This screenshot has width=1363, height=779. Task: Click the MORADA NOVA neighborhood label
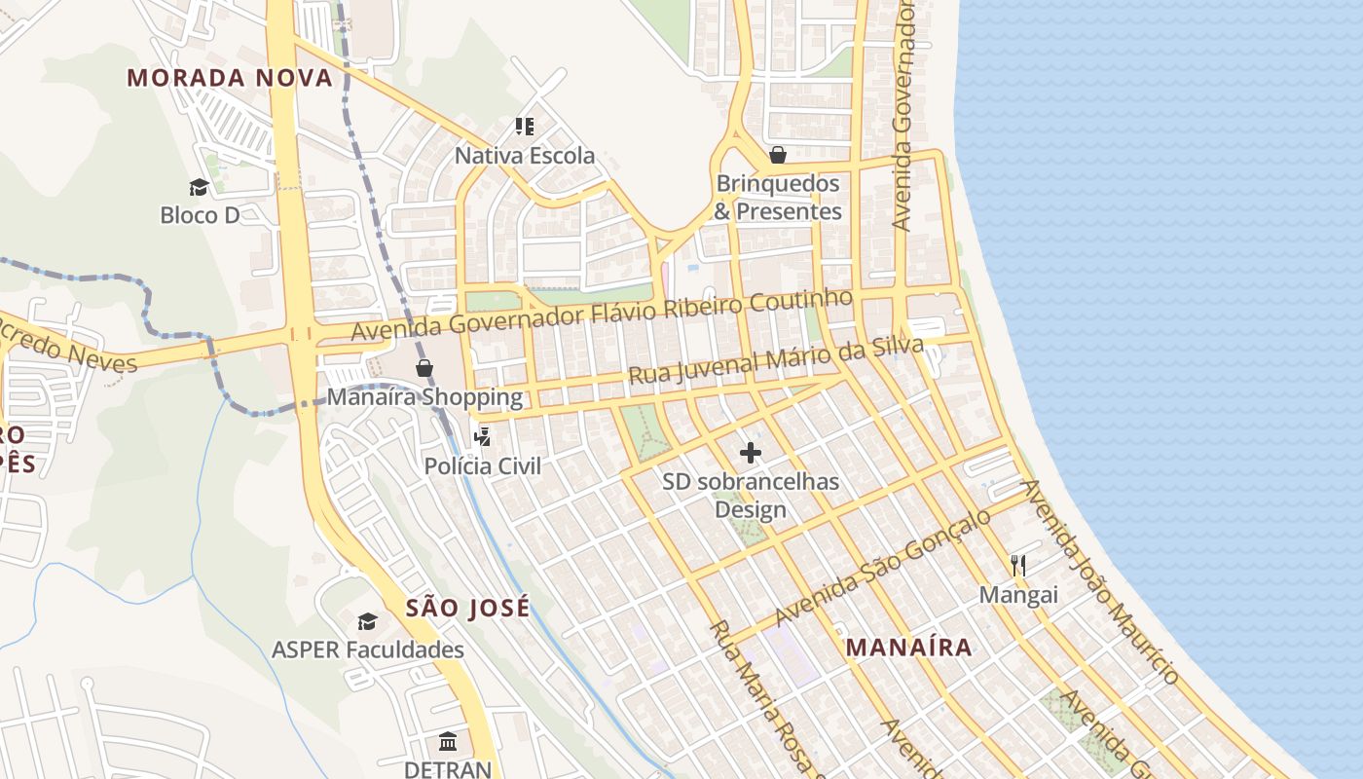(x=230, y=78)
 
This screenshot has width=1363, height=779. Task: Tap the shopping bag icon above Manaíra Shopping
(x=424, y=368)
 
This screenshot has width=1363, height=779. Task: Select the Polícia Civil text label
(x=482, y=466)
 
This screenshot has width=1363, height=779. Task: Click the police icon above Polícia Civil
(x=481, y=437)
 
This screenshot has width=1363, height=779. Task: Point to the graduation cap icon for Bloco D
(x=199, y=187)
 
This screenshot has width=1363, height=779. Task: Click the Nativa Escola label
(x=525, y=156)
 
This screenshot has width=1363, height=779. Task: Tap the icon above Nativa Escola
(x=525, y=127)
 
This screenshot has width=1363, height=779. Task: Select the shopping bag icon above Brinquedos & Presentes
(x=777, y=155)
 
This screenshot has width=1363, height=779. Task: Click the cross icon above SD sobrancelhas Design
(x=751, y=453)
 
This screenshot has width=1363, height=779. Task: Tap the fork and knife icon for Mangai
(x=1018, y=565)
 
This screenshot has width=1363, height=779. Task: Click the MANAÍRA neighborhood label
(x=908, y=647)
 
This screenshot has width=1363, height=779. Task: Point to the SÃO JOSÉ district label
(x=467, y=609)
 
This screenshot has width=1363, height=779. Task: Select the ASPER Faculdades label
(x=367, y=649)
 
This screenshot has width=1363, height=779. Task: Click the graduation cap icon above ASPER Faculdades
(x=367, y=621)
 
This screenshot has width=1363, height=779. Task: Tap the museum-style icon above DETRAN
(x=448, y=742)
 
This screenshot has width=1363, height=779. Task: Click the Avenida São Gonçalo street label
(x=882, y=569)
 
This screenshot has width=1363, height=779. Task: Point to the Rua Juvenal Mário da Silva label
(x=775, y=360)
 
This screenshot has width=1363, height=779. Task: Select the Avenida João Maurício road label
(x=1100, y=582)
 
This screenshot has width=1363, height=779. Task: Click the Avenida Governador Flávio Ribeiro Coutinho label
(x=602, y=315)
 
